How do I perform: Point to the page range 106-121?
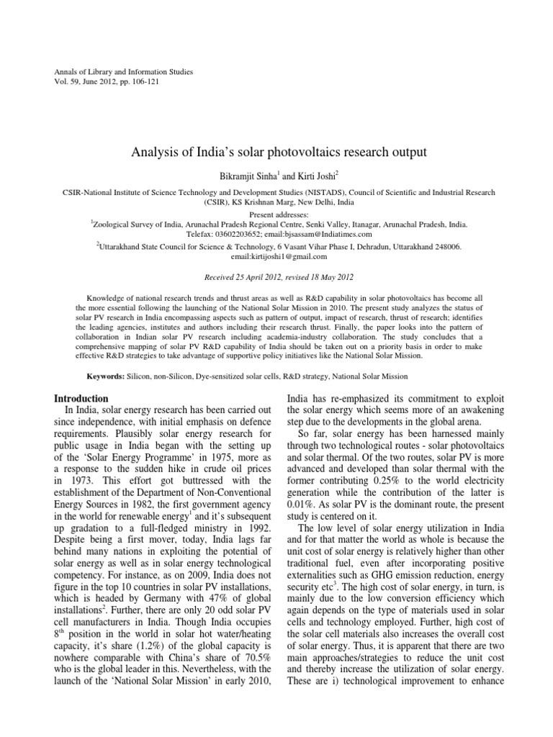coord(144,83)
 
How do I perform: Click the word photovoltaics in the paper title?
coord(313,153)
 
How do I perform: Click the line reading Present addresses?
coord(276,214)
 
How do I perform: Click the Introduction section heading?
coord(82,398)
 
